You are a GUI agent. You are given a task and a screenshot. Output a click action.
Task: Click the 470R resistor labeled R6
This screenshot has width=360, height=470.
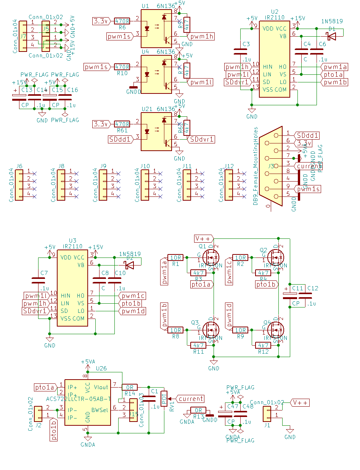[122, 21]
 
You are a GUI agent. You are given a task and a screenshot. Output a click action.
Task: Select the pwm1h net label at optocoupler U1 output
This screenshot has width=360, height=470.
[202, 37]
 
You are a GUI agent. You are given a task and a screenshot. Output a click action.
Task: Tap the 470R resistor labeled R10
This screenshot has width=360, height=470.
[122, 67]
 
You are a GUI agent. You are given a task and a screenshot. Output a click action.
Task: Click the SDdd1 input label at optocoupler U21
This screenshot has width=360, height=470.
[121, 139]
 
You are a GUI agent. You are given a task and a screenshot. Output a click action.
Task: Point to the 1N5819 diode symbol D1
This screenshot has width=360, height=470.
[331, 36]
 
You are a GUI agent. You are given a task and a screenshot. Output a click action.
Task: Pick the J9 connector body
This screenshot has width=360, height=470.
[103, 185]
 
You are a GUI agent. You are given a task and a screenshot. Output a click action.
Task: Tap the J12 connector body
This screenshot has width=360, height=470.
[228, 185]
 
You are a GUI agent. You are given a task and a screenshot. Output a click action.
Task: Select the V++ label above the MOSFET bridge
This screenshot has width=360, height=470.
[203, 238]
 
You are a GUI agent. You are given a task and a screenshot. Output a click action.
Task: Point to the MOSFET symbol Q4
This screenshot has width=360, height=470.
[276, 328]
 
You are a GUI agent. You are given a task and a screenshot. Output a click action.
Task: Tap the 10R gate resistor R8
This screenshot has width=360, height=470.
[175, 330]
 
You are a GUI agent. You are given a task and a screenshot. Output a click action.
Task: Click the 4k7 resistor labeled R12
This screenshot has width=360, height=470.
[263, 345]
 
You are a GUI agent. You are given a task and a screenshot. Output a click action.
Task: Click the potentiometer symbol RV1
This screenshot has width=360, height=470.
[164, 399]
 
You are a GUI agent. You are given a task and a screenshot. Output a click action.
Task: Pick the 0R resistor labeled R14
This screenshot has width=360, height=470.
[130, 387]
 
